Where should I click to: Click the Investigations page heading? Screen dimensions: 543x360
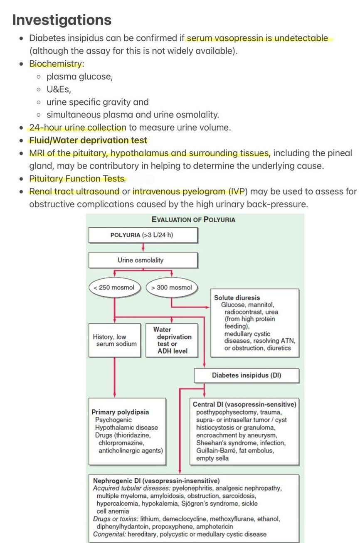click(62, 20)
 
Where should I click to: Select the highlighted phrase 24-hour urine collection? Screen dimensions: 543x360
click(77, 128)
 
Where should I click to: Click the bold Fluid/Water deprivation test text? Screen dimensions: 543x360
click(88, 140)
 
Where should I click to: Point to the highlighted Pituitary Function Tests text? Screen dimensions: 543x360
click(77, 179)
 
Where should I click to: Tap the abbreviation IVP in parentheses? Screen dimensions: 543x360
click(239, 192)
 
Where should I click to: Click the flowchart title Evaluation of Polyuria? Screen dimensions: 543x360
click(193, 219)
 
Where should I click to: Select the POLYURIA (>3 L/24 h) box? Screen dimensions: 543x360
click(143, 235)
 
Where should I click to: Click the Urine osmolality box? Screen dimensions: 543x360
click(143, 260)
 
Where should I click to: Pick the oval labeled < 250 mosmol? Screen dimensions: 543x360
click(115, 287)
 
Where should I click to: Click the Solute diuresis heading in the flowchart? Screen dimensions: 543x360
click(237, 297)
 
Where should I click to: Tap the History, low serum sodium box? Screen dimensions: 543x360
click(114, 340)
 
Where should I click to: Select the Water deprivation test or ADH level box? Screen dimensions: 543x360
click(172, 340)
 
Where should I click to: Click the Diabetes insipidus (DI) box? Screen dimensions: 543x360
click(247, 375)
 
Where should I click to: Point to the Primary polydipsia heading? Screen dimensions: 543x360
click(120, 412)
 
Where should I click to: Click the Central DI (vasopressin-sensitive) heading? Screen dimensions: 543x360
click(244, 404)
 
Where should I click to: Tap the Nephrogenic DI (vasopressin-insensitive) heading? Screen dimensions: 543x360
click(156, 481)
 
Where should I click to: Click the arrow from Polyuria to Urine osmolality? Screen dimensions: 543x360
click(143, 247)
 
